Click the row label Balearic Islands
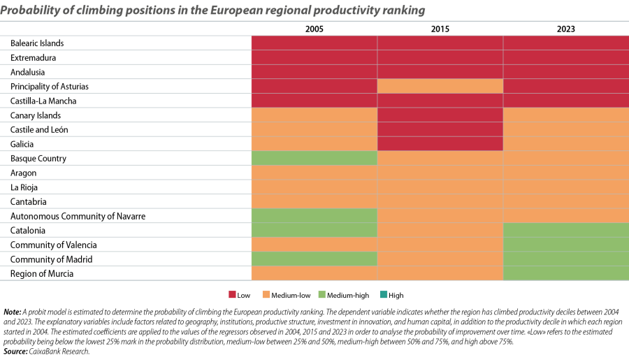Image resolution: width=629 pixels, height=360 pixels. pyautogui.click(x=37, y=43)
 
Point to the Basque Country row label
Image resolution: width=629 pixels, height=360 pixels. pyautogui.click(x=38, y=159)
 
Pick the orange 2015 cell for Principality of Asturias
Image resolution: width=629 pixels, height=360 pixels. pyautogui.click(x=440, y=86)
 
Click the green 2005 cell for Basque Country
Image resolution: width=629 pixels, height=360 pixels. pyautogui.click(x=314, y=159)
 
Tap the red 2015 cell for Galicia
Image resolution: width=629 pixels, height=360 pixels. pyautogui.click(x=440, y=144)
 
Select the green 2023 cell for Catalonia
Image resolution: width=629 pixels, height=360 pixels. pyautogui.click(x=565, y=230)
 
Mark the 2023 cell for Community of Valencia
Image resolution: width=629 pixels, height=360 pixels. pyautogui.click(x=565, y=245)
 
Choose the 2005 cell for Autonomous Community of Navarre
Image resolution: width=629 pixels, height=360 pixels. pyautogui.click(x=314, y=216)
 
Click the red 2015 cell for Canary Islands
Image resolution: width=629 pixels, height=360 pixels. pyautogui.click(x=440, y=115)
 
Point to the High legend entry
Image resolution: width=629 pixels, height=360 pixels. pyautogui.click(x=392, y=296)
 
